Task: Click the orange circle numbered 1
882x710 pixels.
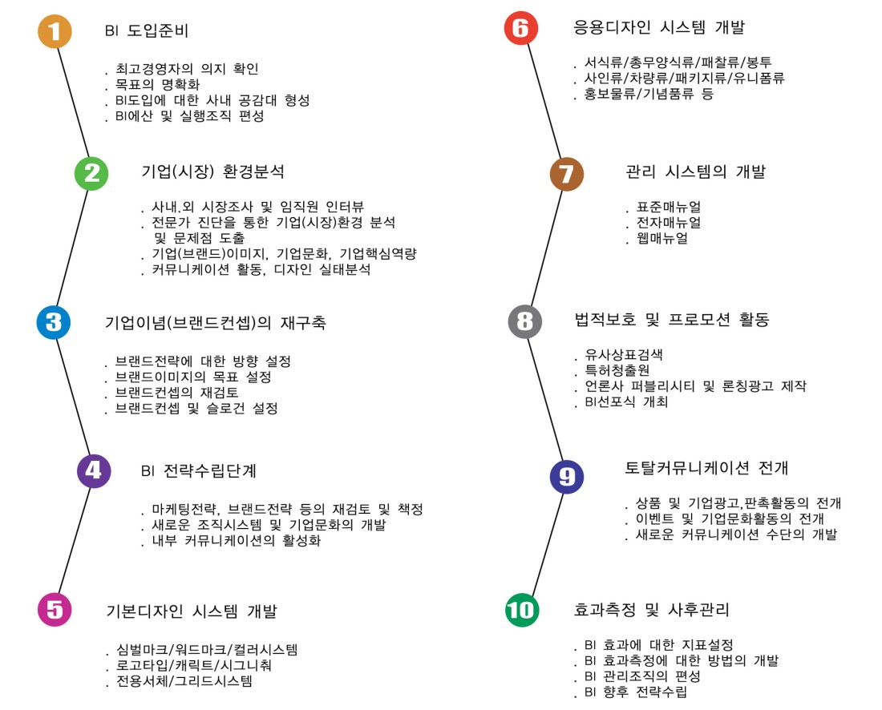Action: pyautogui.click(x=55, y=31)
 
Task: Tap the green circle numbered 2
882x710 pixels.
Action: pyautogui.click(x=91, y=173)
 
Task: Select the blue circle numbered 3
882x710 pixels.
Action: pyautogui.click(x=54, y=322)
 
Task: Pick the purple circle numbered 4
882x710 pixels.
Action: pyautogui.click(x=93, y=471)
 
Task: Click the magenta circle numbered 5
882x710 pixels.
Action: pyautogui.click(x=55, y=609)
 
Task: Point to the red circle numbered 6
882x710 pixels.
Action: pyautogui.click(x=521, y=28)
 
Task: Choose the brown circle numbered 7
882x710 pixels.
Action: pyautogui.click(x=566, y=174)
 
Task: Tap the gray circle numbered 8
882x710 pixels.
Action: pyautogui.click(x=525, y=321)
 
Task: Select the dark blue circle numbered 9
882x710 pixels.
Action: pyautogui.click(x=566, y=477)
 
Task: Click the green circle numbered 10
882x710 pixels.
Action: pyautogui.click(x=522, y=610)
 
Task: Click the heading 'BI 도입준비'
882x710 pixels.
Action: pyautogui.click(x=147, y=30)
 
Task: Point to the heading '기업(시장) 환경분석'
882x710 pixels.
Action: pyautogui.click(x=212, y=171)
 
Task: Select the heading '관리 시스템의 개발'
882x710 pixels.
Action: pyautogui.click(x=696, y=171)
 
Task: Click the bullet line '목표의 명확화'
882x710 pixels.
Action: pyautogui.click(x=157, y=84)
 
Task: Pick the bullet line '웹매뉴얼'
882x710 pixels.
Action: pyautogui.click(x=662, y=238)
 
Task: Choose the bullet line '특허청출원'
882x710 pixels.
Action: pyautogui.click(x=617, y=370)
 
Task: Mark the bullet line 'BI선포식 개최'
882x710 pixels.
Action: pyautogui.click(x=626, y=402)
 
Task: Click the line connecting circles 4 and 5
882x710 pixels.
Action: pyautogui.click(x=75, y=540)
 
